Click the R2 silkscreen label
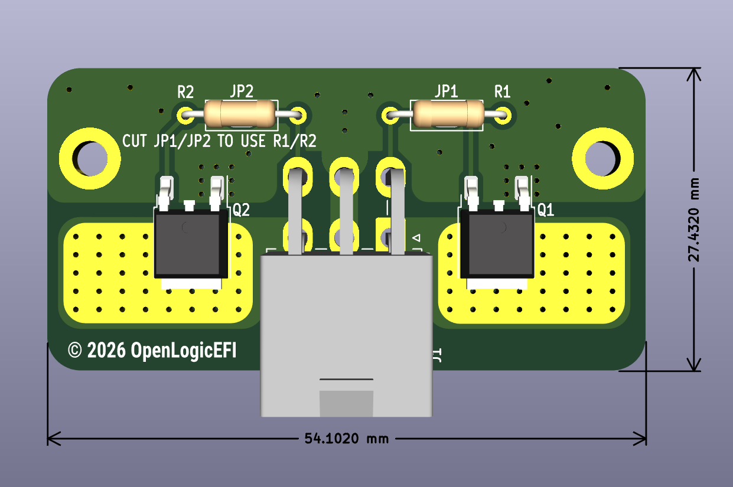(x=185, y=92)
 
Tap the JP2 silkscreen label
(x=242, y=91)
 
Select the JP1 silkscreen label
(x=447, y=91)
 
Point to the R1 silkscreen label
(x=502, y=92)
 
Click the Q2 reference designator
(x=241, y=210)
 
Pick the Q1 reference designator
(x=546, y=210)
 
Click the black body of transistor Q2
(x=191, y=244)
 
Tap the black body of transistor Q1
(x=497, y=244)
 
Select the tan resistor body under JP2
(x=240, y=114)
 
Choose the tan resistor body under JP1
(x=448, y=114)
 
